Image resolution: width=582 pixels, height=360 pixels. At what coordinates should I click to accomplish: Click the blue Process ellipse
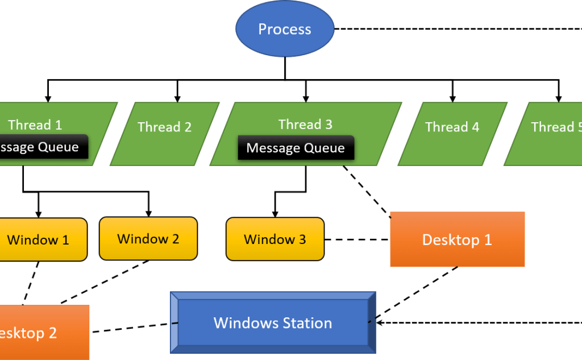pos(284,29)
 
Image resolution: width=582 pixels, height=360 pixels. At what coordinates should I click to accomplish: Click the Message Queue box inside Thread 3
pos(296,148)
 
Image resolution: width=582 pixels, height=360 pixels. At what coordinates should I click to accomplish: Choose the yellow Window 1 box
pos(39,239)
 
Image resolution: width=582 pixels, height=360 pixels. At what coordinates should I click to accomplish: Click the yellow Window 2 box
pos(148,238)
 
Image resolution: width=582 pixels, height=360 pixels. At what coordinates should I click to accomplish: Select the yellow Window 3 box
pos(275,239)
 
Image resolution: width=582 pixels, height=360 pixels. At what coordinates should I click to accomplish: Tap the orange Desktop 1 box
pos(457,239)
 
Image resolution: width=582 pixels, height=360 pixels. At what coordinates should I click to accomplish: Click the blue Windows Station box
pos(273,323)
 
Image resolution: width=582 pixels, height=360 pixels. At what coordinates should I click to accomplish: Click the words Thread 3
pos(305,125)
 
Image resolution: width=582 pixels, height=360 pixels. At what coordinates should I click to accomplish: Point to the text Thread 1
pos(35,125)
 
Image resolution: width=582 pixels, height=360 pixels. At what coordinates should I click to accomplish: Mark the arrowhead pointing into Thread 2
pos(177,98)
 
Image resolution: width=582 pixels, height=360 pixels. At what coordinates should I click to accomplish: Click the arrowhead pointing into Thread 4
pos(453,98)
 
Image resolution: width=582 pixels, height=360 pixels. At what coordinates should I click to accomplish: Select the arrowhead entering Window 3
pos(275,213)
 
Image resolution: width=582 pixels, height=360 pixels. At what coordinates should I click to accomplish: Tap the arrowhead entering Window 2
pos(148,213)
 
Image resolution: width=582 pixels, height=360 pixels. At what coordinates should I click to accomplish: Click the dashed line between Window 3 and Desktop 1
pos(356,239)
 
